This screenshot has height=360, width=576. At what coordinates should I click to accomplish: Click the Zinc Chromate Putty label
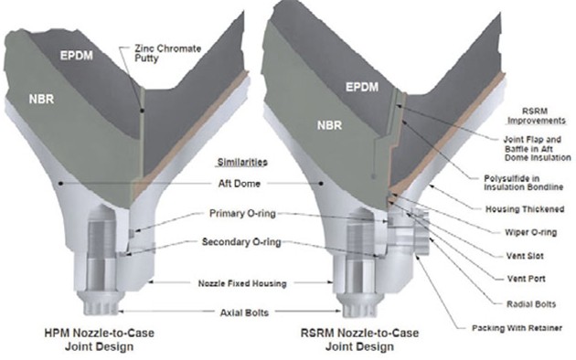pos(167,54)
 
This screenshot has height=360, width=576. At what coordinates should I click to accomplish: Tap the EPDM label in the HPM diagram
pos(77,56)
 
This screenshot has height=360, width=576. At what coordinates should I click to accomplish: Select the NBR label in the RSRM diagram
pos(329,125)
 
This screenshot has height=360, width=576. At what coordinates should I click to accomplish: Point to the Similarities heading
pos(242,163)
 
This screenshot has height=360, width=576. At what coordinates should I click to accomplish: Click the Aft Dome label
pos(240,184)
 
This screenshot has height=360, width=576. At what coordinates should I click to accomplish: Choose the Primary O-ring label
pos(242,213)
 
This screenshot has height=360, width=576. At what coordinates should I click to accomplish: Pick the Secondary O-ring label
pos(241,242)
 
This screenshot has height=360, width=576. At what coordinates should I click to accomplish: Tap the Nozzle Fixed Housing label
pos(242,283)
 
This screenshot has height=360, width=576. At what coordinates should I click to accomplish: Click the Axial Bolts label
pos(244,312)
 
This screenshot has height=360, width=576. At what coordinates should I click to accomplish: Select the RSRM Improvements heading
pos(537,116)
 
